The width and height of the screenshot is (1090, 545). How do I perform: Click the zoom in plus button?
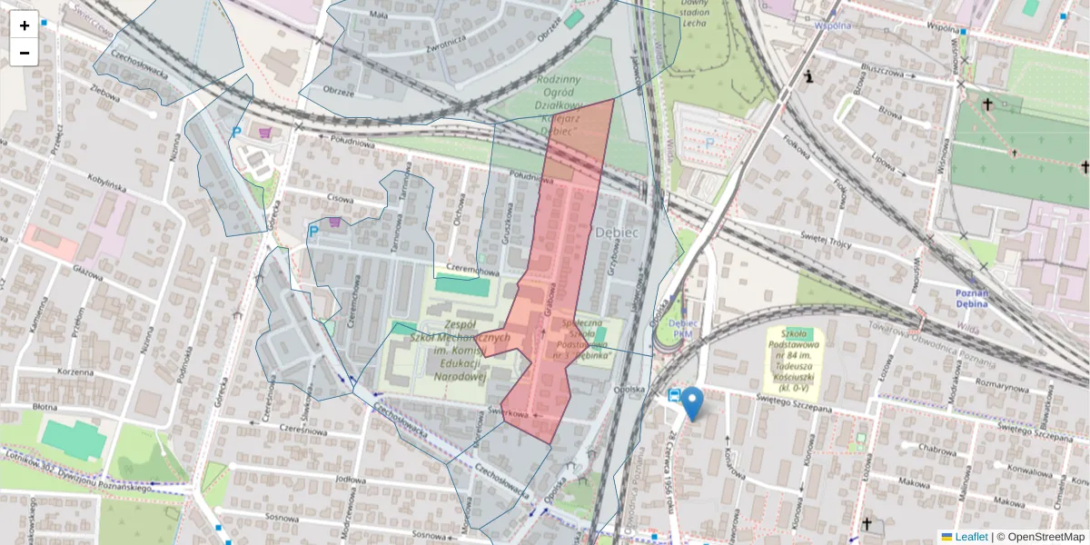pos(24,25)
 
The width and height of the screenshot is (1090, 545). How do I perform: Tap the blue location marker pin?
pos(692,403)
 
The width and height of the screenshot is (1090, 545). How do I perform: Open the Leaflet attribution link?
pos(971,537)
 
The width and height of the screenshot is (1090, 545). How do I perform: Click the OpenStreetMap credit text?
pos(1045,537)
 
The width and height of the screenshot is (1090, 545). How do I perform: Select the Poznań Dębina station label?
pos(977,299)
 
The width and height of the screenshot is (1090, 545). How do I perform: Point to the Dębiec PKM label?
pos(682,328)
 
